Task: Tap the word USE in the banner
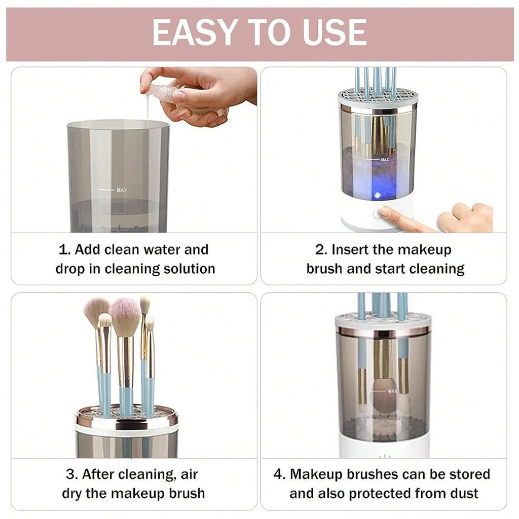click(332, 33)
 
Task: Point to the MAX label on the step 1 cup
click(121, 190)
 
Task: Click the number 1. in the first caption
click(64, 250)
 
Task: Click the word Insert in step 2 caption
click(355, 250)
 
